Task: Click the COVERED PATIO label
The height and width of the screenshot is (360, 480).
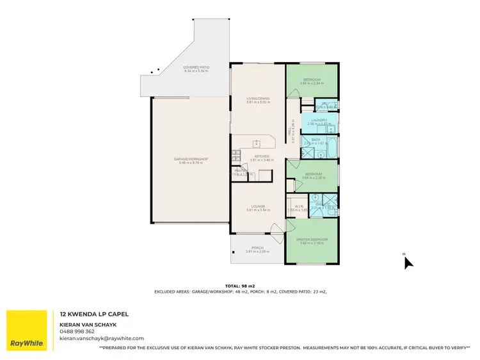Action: click(197, 67)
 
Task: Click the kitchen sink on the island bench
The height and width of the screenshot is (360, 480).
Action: click(257, 143)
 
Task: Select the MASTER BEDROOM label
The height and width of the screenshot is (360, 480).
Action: click(312, 240)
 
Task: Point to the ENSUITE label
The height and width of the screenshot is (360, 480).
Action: click(320, 204)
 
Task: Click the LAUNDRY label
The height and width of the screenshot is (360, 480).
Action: click(319, 120)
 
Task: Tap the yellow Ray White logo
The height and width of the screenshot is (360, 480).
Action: click(26, 330)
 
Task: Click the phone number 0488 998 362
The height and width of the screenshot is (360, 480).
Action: click(77, 331)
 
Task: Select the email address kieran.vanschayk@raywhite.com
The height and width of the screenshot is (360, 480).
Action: click(102, 338)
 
